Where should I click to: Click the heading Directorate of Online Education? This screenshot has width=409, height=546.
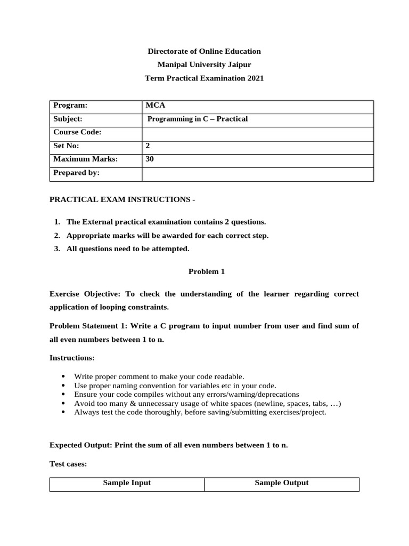point(204,51)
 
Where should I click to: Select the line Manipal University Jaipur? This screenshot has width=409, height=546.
point(204,65)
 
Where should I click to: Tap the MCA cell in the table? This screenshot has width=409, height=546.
point(152,106)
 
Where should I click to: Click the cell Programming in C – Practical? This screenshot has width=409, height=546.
point(197,119)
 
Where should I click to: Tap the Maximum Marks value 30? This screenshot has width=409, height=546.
point(150,159)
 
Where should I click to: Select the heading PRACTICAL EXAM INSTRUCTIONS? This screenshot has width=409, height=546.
point(122,199)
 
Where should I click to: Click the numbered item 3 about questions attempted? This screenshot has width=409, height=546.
point(128,248)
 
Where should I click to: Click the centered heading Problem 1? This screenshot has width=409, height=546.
point(207,271)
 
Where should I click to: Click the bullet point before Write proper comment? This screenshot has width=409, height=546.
point(64,376)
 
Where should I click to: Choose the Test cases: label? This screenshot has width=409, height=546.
point(68,464)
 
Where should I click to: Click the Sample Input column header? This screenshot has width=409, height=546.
point(127,483)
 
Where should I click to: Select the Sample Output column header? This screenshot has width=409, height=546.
point(281,483)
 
